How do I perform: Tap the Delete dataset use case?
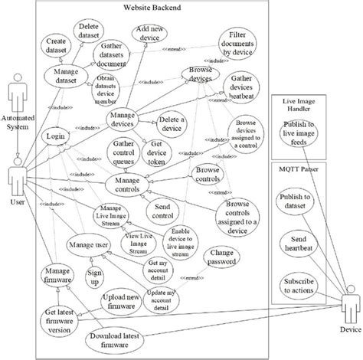click(91, 31)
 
